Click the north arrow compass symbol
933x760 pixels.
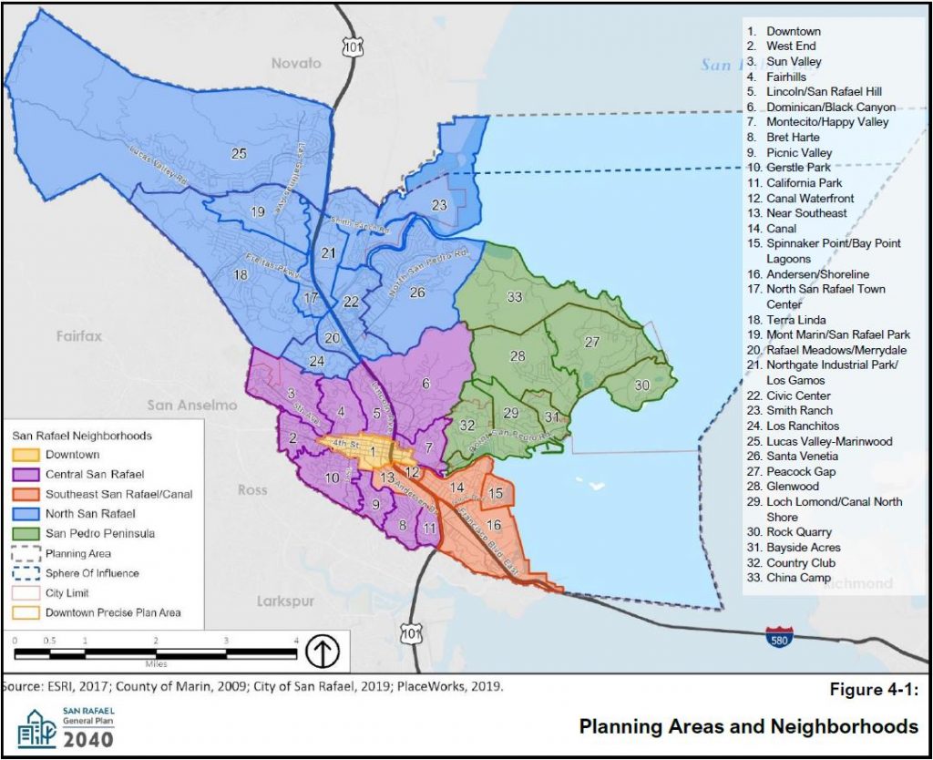click(x=325, y=651)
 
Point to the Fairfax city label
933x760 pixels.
click(x=79, y=336)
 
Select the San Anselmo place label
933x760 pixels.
click(x=192, y=405)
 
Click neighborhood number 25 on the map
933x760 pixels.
click(x=239, y=153)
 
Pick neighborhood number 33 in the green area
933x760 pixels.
click(x=515, y=297)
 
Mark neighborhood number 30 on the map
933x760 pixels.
click(x=641, y=385)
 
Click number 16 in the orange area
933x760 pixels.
click(x=494, y=525)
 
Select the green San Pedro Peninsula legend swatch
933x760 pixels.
click(x=26, y=533)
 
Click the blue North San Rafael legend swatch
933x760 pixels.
click(x=26, y=514)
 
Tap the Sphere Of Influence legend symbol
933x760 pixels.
click(x=26, y=573)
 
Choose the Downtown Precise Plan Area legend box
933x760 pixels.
click(x=26, y=612)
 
